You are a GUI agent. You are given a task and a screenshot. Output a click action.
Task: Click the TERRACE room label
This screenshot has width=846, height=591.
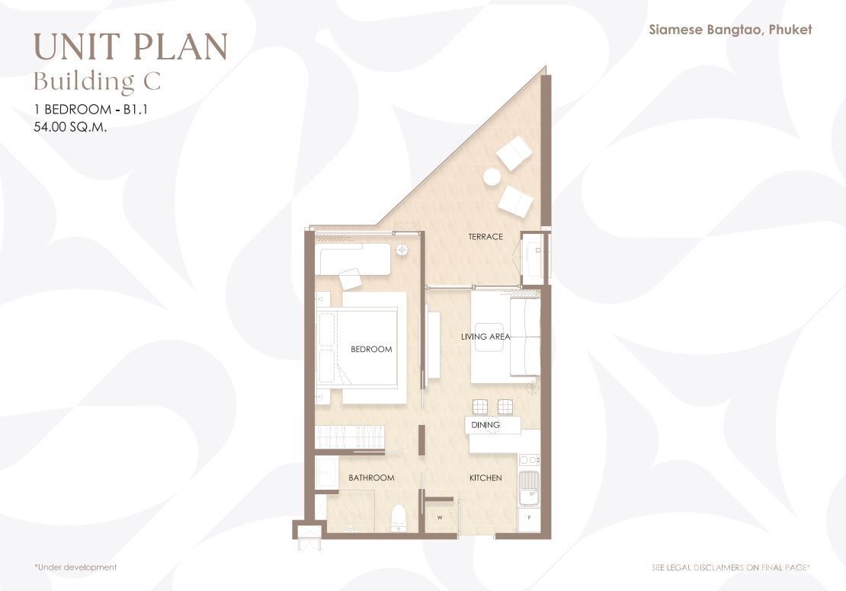[x=485, y=237]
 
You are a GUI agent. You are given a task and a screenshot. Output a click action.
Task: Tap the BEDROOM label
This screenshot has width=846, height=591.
[x=371, y=350]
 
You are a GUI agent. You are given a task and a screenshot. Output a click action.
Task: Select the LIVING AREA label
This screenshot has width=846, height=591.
[x=485, y=337]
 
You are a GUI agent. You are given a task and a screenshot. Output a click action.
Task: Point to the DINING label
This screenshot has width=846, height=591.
[x=485, y=425]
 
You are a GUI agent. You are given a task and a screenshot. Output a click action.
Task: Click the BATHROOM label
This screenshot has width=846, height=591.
[x=371, y=478]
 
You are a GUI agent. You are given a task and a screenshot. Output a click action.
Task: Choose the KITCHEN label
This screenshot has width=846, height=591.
[x=485, y=478]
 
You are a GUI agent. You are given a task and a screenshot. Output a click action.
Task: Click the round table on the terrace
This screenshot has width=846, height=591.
[x=492, y=177]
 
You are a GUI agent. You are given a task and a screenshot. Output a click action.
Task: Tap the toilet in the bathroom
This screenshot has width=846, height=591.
[x=398, y=518]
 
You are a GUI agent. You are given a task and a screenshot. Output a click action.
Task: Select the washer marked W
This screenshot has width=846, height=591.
[x=440, y=518]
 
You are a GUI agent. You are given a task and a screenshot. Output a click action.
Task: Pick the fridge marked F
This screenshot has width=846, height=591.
[x=529, y=519]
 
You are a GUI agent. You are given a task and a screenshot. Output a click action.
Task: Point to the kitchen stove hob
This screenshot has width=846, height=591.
[x=529, y=460]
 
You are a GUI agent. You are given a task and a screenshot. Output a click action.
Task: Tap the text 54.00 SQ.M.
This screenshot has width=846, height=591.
[x=70, y=127]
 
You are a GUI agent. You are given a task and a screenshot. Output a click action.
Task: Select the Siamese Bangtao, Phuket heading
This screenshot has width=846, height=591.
[x=730, y=30]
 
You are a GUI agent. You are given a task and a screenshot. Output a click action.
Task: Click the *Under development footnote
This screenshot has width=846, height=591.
[x=75, y=567]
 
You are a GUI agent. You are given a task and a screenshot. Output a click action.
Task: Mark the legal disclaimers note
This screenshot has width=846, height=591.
[x=731, y=567]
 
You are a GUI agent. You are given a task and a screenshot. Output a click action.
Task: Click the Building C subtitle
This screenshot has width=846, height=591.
[x=97, y=81]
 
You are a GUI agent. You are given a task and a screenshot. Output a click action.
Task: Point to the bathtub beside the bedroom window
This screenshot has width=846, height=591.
[x=354, y=260]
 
